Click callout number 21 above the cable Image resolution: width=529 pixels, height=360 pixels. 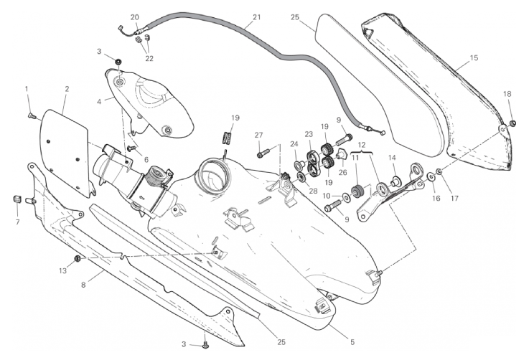pos(257,16)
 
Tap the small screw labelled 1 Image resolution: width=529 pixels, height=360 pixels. pos(31,116)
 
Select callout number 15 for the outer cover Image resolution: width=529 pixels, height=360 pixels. pos(474,58)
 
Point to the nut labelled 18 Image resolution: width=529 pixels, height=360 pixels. pos(512,124)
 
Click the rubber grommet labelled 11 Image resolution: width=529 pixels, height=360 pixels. pos(357,191)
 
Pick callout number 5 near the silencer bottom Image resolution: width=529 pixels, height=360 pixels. pos(352,342)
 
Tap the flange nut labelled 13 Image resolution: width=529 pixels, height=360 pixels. pos(77,259)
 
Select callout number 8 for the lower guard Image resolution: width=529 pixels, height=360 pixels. pos(83,285)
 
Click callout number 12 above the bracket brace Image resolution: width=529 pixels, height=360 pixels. pos(361,146)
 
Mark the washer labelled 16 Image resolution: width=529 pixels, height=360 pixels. pos(432,176)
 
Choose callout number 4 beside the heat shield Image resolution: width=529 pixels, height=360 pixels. pos(99,101)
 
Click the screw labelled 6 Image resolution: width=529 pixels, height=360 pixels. pos(131,148)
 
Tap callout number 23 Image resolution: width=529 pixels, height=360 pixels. pos(309,134)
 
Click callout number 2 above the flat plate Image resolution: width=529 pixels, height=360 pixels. pos(67,89)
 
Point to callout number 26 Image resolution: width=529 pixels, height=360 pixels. pos(343,173)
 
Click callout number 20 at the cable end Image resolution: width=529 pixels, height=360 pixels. pos(134,17)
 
